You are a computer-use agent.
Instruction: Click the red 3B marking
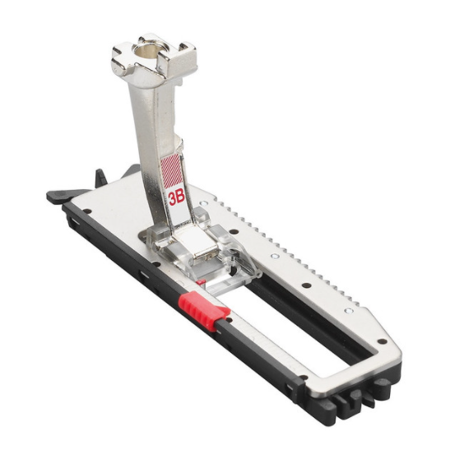(177, 198)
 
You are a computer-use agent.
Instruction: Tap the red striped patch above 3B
(171, 171)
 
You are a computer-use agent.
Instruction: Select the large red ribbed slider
(204, 310)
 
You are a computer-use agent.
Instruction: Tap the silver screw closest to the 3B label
(203, 203)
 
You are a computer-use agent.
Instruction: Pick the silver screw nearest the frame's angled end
(349, 310)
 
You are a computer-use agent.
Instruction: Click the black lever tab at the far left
(60, 196)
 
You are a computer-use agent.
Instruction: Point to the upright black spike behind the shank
(100, 177)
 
